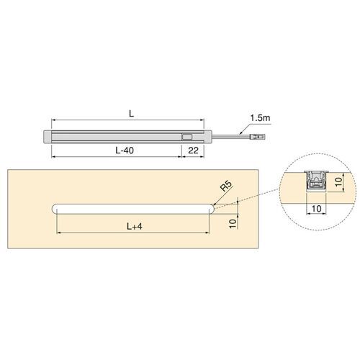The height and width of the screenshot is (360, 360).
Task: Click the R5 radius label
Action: [226, 188]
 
